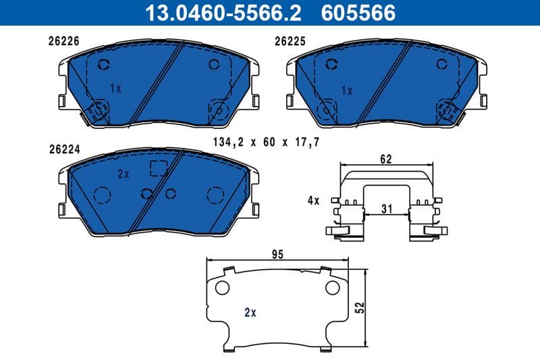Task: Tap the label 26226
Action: point(64,41)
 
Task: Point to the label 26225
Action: point(290,41)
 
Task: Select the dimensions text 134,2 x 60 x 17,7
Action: point(265,142)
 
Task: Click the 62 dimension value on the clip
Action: point(385,159)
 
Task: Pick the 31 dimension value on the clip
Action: point(385,209)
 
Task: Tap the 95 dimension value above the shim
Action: point(277,255)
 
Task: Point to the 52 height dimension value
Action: point(360,307)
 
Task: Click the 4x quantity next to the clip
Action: point(313,201)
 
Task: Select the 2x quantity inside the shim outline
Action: point(250,312)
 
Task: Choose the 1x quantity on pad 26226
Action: point(115,88)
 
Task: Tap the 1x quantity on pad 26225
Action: point(347,90)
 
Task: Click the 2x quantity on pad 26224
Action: point(123,174)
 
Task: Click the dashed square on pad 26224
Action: point(158,168)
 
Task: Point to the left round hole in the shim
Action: point(221,288)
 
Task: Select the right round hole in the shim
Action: point(332,288)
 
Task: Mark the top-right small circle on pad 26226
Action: point(215,65)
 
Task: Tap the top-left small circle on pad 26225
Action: point(330,64)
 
